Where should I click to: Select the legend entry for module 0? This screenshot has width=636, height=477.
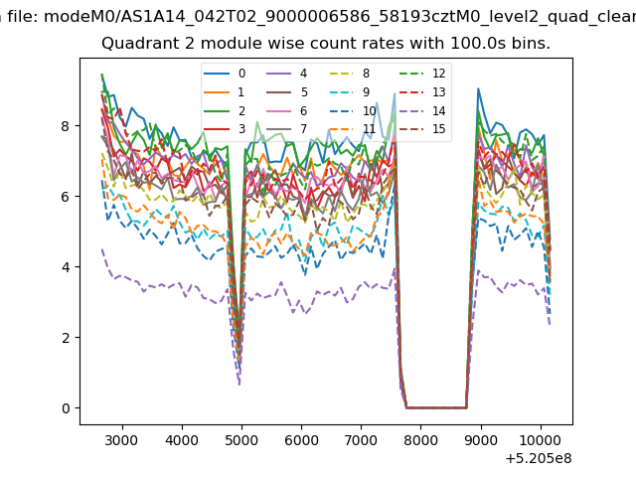click(225, 74)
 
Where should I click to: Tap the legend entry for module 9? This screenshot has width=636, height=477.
click(350, 92)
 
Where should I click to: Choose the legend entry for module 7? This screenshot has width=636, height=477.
click(287, 129)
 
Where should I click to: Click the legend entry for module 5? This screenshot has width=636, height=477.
click(287, 92)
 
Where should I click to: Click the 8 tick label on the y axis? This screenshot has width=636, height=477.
click(66, 126)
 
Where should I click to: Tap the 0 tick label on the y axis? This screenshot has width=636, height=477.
click(66, 408)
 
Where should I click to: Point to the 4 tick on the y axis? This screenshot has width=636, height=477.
click(78, 267)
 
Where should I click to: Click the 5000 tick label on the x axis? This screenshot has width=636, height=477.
click(241, 440)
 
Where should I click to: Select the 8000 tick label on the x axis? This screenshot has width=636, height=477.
click(421, 440)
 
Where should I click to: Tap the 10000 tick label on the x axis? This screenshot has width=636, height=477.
click(541, 440)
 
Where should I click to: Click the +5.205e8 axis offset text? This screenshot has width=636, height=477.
click(539, 458)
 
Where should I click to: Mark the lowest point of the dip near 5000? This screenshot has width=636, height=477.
click(239, 385)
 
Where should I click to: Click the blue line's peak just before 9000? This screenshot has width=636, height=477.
click(479, 88)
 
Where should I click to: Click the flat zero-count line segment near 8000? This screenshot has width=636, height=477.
click(436, 408)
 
